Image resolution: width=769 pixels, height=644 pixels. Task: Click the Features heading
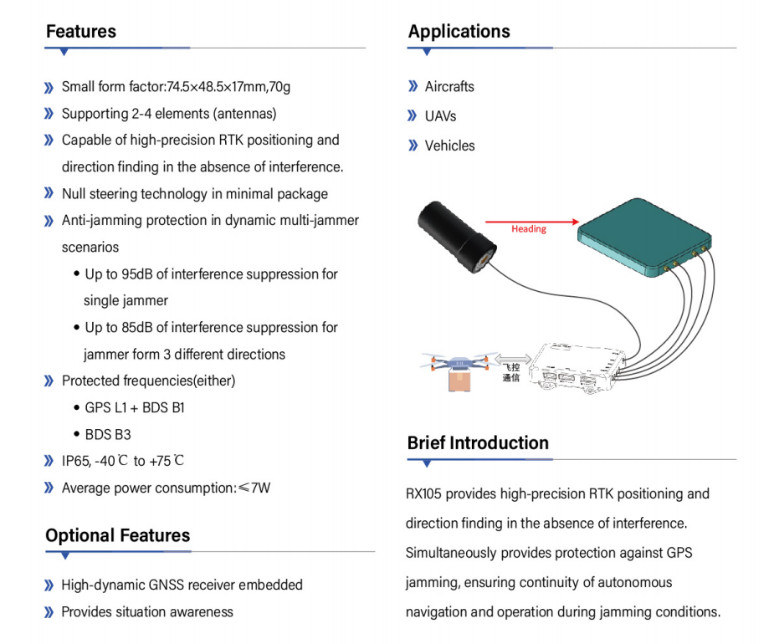(x=81, y=32)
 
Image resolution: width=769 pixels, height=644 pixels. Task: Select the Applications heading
(x=459, y=32)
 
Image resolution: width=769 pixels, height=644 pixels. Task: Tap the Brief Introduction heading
(x=478, y=442)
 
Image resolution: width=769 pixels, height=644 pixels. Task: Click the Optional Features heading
(x=118, y=535)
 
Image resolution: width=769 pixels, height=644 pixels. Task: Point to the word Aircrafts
(x=449, y=87)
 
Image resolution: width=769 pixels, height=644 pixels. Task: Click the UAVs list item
(x=440, y=116)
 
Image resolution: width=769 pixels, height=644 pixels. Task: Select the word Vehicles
(x=449, y=146)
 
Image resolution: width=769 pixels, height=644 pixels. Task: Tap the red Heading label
(x=528, y=228)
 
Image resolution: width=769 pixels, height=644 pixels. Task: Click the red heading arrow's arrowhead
(x=573, y=222)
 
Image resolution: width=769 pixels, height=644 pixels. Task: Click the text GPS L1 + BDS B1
(x=135, y=408)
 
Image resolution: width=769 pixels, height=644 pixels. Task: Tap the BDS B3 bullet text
(x=108, y=435)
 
